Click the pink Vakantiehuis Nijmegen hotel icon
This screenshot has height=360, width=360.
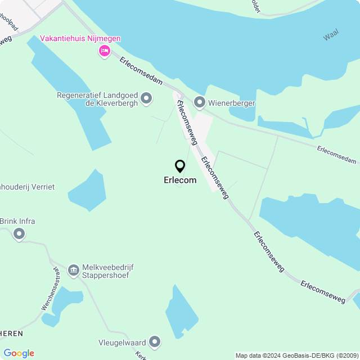pyautogui.click(x=104, y=51)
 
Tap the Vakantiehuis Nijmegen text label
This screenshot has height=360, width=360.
pyautogui.click(x=80, y=39)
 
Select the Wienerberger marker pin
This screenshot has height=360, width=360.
pyautogui.click(x=199, y=102)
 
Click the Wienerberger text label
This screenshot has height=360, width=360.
pyautogui.click(x=232, y=103)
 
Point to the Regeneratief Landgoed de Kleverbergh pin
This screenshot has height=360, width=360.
pyautogui.click(x=146, y=99)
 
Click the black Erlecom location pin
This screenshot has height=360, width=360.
pyautogui.click(x=180, y=166)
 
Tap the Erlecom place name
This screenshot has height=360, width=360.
pyautogui.click(x=180, y=181)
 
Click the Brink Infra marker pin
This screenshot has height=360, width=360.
pyautogui.click(x=19, y=234)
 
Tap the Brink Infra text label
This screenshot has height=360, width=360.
pyautogui.click(x=17, y=221)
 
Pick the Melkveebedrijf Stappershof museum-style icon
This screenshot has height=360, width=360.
pyautogui.click(x=73, y=271)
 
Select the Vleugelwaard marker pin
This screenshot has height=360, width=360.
pyautogui.click(x=155, y=341)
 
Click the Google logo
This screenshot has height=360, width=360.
pyautogui.click(x=19, y=353)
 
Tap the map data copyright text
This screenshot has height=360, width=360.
pyautogui.click(x=296, y=355)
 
